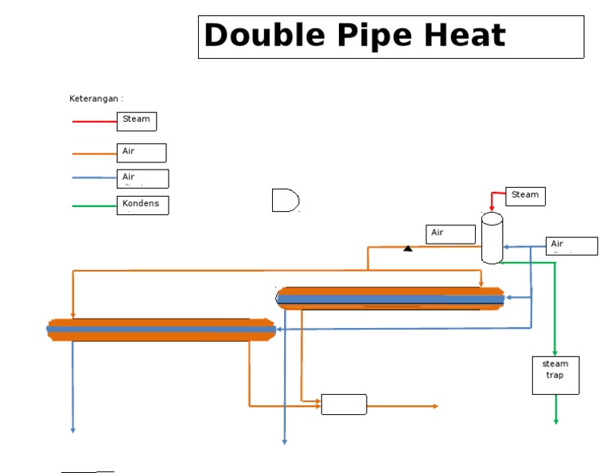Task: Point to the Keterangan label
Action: [x=95, y=99]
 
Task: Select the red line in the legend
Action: [x=94, y=122]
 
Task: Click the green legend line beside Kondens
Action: [x=94, y=206]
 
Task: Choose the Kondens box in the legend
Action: [x=143, y=205]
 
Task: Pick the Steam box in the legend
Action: [x=137, y=121]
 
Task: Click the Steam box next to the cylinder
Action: [x=525, y=196]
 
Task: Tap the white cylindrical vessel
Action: [x=492, y=237]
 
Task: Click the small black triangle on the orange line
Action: [x=408, y=248]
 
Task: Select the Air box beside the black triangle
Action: [x=450, y=234]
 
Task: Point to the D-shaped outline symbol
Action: [x=285, y=201]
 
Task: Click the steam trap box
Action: [x=555, y=375]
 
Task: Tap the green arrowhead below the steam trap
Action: [x=555, y=420]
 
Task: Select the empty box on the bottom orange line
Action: [x=344, y=405]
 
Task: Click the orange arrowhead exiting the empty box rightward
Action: [x=435, y=406]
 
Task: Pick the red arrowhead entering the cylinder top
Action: [x=492, y=209]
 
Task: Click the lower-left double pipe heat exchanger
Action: [x=162, y=330]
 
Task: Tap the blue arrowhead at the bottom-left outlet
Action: [x=73, y=430]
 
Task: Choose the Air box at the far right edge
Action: [x=572, y=245]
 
